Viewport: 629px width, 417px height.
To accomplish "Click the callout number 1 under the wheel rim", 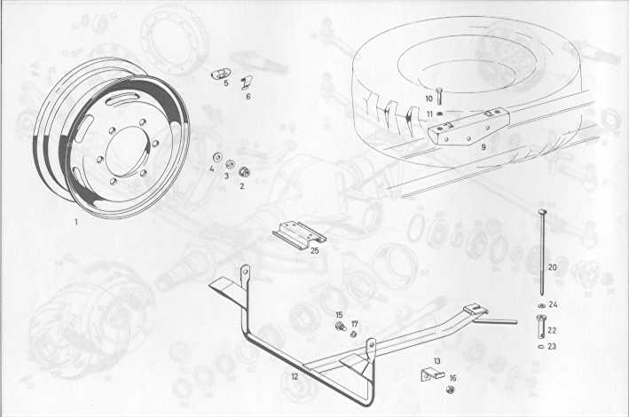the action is [x=75, y=222].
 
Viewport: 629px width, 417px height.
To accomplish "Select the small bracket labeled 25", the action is [x=299, y=235].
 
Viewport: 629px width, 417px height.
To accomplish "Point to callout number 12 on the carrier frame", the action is [x=295, y=377].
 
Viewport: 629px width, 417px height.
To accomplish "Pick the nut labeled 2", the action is [x=244, y=172].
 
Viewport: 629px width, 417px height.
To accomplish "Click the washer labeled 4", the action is [x=217, y=156].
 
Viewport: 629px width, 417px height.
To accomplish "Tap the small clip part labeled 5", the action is [x=221, y=75].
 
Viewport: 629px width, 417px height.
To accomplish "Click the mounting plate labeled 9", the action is [x=468, y=126].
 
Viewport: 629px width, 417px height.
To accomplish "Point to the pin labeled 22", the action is [x=540, y=327].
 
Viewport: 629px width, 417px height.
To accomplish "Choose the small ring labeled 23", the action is [x=540, y=345].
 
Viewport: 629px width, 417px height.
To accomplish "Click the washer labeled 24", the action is [x=541, y=306].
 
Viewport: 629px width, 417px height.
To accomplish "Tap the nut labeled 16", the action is [x=450, y=389].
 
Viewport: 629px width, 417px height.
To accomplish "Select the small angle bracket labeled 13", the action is [x=431, y=374].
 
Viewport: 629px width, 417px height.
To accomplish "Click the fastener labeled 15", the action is [x=341, y=327].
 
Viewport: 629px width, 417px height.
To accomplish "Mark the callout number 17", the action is [x=355, y=324].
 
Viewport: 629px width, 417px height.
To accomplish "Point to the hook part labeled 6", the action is [x=246, y=83].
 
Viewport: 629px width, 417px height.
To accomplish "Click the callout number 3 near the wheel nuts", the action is [x=226, y=176].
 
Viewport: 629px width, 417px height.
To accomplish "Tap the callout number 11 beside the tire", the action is [x=429, y=114].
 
